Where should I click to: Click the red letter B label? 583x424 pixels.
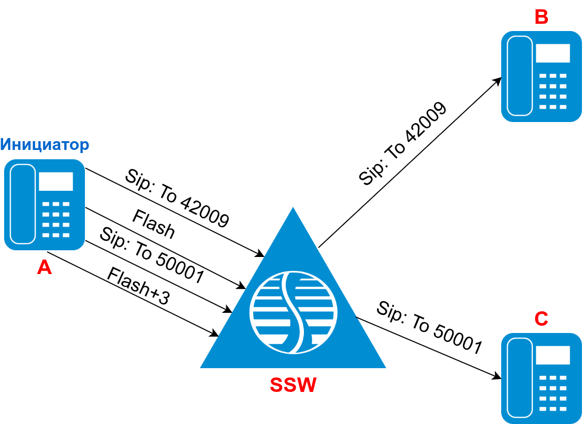541,17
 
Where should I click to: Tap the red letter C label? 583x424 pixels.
541,319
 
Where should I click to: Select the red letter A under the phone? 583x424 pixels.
45,267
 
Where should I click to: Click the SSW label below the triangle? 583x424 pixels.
293,385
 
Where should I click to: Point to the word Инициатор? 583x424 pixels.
45,144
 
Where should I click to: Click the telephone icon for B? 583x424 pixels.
542,77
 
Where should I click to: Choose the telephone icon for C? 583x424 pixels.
542,378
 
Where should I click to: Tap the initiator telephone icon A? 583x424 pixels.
45,205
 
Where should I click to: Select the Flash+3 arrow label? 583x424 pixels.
138,288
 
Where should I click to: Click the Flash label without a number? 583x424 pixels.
154,224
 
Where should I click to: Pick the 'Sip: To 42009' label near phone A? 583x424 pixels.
177,198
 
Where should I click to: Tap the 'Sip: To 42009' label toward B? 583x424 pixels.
403,144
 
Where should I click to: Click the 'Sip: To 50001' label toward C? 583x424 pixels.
429,327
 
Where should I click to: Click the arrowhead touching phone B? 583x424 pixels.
498,80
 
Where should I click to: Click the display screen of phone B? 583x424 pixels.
552,53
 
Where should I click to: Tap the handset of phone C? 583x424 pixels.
520,378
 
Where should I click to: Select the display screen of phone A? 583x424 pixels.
55,181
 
